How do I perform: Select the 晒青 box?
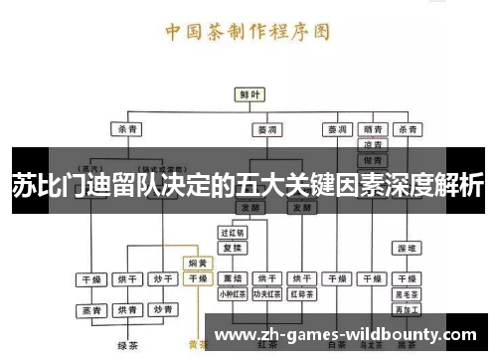(372, 129)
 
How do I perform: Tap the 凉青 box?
(372, 144)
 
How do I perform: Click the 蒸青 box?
(92, 311)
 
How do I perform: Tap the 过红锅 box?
(232, 232)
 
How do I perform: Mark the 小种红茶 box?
(232, 294)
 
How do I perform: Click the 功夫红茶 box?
(265, 294)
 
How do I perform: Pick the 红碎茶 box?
(300, 294)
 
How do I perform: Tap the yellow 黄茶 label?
(198, 346)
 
